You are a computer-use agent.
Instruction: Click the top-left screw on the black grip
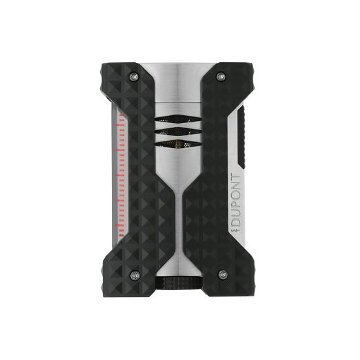(x=134, y=76)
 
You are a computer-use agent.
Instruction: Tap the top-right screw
(x=221, y=76)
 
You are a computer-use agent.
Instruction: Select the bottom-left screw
(x=135, y=275)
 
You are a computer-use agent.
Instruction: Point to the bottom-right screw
(x=223, y=274)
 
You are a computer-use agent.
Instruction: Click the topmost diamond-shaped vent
(x=178, y=118)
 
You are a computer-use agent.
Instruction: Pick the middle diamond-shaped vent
(x=178, y=132)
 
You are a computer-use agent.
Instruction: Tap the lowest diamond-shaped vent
(x=178, y=144)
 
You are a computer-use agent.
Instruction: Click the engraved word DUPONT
(x=236, y=200)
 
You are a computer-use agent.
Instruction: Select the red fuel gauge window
(x=121, y=175)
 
